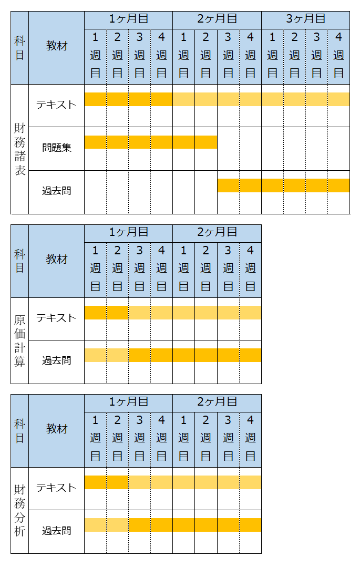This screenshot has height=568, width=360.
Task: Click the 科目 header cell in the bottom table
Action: [19, 430]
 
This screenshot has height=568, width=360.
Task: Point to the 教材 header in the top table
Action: [56, 47]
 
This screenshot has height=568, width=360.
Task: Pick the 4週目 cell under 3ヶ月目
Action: [338, 56]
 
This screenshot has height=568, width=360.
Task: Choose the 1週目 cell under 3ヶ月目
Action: [272, 56]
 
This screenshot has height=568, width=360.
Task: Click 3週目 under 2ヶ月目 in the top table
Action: [228, 56]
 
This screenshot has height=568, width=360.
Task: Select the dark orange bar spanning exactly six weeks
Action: [150, 142]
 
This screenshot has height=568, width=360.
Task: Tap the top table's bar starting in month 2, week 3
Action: [283, 185]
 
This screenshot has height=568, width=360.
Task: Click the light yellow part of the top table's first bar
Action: [261, 99]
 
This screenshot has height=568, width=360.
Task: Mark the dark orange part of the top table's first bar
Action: [128, 99]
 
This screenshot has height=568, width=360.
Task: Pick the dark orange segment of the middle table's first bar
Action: [106, 313]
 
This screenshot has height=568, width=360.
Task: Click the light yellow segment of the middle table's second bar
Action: [106, 355]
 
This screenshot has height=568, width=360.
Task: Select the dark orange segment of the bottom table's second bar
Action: [194, 525]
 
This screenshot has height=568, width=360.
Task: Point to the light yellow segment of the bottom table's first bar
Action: [194, 482]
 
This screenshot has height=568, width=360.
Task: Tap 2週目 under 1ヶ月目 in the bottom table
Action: [117, 438]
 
